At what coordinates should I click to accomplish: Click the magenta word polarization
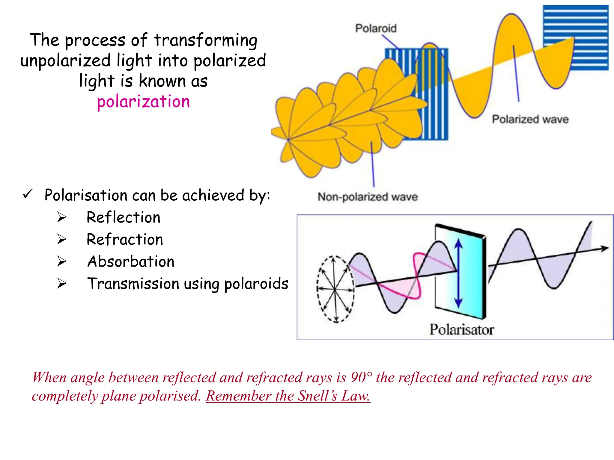coord(143,102)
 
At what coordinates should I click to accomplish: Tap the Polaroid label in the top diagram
coord(376,28)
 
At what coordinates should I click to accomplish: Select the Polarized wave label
coord(530,119)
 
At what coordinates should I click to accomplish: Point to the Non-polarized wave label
coord(368,197)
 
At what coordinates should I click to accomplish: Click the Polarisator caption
coord(461,330)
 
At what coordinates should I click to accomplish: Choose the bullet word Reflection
coord(124,217)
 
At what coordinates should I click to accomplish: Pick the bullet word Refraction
coord(125,240)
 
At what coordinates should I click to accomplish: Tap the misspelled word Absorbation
coord(131,262)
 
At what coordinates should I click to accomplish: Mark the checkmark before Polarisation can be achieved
coord(28,195)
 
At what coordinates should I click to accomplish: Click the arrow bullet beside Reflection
coord(62,217)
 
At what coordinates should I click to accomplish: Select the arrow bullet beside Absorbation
coord(62,261)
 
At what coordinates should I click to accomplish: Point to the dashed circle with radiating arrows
coord(335,289)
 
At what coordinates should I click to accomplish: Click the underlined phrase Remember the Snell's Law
coord(288,396)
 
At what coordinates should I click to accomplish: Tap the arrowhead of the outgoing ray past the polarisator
coord(605,248)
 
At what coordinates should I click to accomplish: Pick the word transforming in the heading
coord(206,40)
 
